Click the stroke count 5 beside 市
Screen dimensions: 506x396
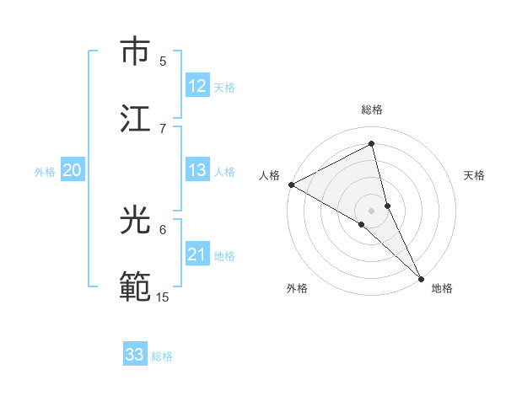pyautogui.click(x=163, y=61)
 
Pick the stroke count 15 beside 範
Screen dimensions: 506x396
pyautogui.click(x=163, y=297)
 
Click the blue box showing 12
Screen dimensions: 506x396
pyautogui.click(x=197, y=86)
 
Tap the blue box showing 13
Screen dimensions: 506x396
pyautogui.click(x=197, y=170)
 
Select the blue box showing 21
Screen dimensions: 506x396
pyautogui.click(x=197, y=254)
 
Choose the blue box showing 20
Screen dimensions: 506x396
pyautogui.click(x=72, y=170)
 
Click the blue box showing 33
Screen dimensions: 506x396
pyautogui.click(x=135, y=355)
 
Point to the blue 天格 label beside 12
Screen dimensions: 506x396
pyautogui.click(x=224, y=88)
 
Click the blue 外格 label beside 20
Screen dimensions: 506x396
pyautogui.click(x=45, y=172)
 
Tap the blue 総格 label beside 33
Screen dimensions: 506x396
pyautogui.click(x=162, y=356)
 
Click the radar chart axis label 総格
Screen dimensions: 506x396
pyautogui.click(x=372, y=110)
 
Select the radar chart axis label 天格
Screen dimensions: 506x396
pyautogui.click(x=475, y=175)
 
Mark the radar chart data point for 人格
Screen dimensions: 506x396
pyautogui.click(x=291, y=185)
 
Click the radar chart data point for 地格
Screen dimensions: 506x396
pyautogui.click(x=421, y=276)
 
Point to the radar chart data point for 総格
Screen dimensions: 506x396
pyautogui.click(x=372, y=144)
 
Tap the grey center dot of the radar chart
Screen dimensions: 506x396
pyautogui.click(x=372, y=210)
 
